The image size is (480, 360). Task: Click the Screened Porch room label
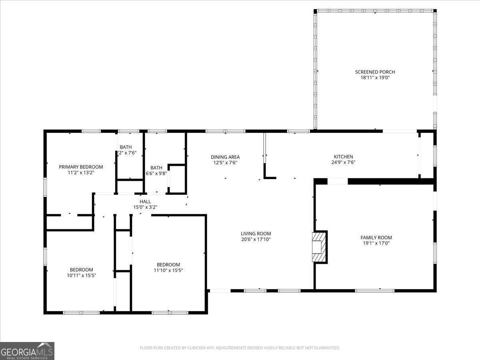pyautogui.click(x=375, y=72)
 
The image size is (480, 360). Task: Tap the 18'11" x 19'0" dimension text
pyautogui.click(x=375, y=78)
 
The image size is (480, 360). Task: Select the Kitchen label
pyautogui.click(x=343, y=157)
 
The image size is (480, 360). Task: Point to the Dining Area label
pyautogui.click(x=225, y=157)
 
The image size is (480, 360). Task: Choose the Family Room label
pyautogui.click(x=376, y=238)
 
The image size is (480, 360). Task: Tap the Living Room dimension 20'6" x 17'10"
pyautogui.click(x=256, y=239)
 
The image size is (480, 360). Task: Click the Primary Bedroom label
pyautogui.click(x=81, y=167)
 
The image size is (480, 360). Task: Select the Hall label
pyautogui.click(x=145, y=202)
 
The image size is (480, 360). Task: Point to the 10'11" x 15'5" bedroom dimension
pyautogui.click(x=81, y=275)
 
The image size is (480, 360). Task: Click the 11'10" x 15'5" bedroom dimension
pyautogui.click(x=168, y=270)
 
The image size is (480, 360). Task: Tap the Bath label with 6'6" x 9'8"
pyautogui.click(x=156, y=168)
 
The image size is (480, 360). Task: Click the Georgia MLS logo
pyautogui.click(x=27, y=351)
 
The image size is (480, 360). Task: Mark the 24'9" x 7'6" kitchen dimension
pyautogui.click(x=343, y=162)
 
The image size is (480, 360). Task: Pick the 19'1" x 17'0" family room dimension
pyautogui.click(x=376, y=243)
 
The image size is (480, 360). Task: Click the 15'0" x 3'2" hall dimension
pyautogui.click(x=145, y=207)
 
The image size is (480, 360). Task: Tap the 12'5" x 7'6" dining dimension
pyautogui.click(x=225, y=163)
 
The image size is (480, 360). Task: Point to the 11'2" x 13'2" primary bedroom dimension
pyautogui.click(x=81, y=172)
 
